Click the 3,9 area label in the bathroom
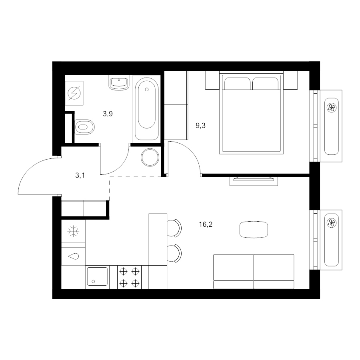click(x=108, y=114)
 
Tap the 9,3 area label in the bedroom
click(x=200, y=126)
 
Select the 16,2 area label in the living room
click(x=206, y=224)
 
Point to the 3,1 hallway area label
click(x=80, y=176)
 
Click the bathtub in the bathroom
click(x=147, y=109)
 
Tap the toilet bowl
click(x=84, y=127)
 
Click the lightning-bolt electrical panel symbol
click(x=74, y=93)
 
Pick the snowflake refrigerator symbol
click(x=73, y=231)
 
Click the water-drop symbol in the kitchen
click(x=74, y=256)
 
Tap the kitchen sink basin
click(x=98, y=276)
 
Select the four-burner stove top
click(x=130, y=277)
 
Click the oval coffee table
click(x=254, y=229)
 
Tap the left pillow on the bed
click(x=237, y=84)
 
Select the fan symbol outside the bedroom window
click(x=332, y=108)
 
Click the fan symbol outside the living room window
click(x=332, y=223)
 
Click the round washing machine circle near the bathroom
click(x=150, y=158)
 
